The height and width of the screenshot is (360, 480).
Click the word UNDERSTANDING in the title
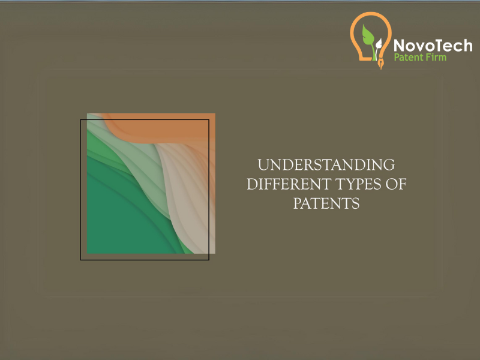tap(326, 165)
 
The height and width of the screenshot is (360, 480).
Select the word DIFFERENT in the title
tap(286, 184)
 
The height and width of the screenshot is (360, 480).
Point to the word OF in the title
tap(397, 184)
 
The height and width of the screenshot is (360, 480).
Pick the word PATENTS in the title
tap(326, 203)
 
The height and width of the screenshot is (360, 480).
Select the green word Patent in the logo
tap(409, 58)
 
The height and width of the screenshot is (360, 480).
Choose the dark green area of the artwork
tap(120, 222)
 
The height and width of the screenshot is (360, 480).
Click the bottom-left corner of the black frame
tap(81, 259)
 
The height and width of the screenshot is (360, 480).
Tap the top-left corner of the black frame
tap(81, 120)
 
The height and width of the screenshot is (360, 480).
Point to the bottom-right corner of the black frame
tap(208, 259)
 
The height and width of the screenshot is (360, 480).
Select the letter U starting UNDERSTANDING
tap(262, 165)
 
